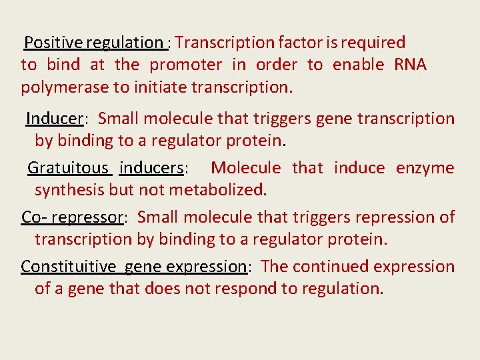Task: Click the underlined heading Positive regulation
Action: coord(93,43)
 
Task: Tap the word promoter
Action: coord(185,65)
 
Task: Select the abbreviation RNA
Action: coord(410,65)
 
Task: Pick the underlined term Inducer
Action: coord(54,119)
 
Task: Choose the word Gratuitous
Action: coord(69,168)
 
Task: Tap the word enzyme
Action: coord(425,168)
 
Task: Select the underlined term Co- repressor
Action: coord(73,217)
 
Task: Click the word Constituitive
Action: coord(68,267)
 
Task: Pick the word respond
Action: coord(271,289)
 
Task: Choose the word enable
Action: coord(358,65)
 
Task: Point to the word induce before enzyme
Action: coord(359,168)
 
